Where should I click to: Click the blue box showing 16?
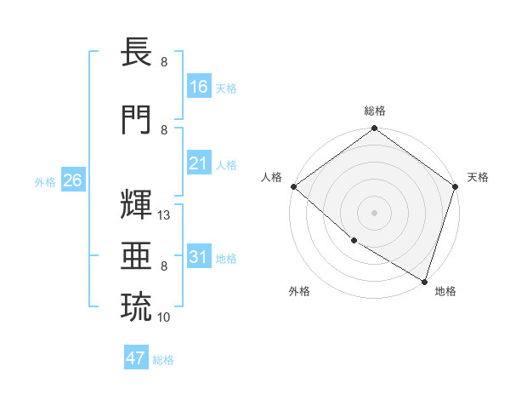click(x=199, y=87)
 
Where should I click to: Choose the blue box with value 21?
click(x=199, y=163)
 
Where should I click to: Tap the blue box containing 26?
click(x=72, y=181)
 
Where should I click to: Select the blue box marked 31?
click(x=199, y=257)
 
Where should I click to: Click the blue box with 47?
click(x=136, y=358)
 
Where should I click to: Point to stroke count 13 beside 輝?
click(x=165, y=215)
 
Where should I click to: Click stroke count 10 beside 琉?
click(x=165, y=317)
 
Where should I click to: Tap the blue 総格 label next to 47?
click(x=163, y=360)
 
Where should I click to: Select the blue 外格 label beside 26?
click(x=45, y=182)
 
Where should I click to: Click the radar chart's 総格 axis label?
click(x=374, y=111)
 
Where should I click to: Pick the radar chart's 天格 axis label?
click(x=478, y=177)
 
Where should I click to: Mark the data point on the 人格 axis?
click(x=293, y=186)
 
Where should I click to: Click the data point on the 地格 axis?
click(x=424, y=280)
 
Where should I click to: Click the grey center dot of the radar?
click(x=374, y=213)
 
